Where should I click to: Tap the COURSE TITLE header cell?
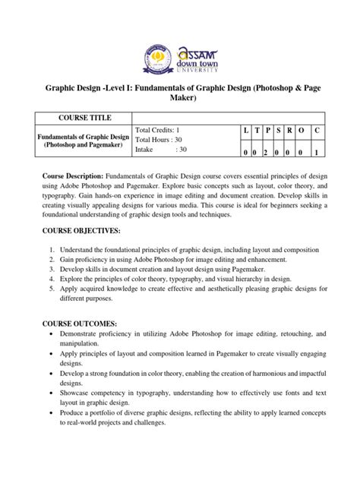click(x=81, y=118)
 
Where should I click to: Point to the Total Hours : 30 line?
click(x=163, y=141)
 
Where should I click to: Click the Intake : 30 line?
click(x=159, y=150)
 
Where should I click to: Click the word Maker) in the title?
click(x=180, y=97)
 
